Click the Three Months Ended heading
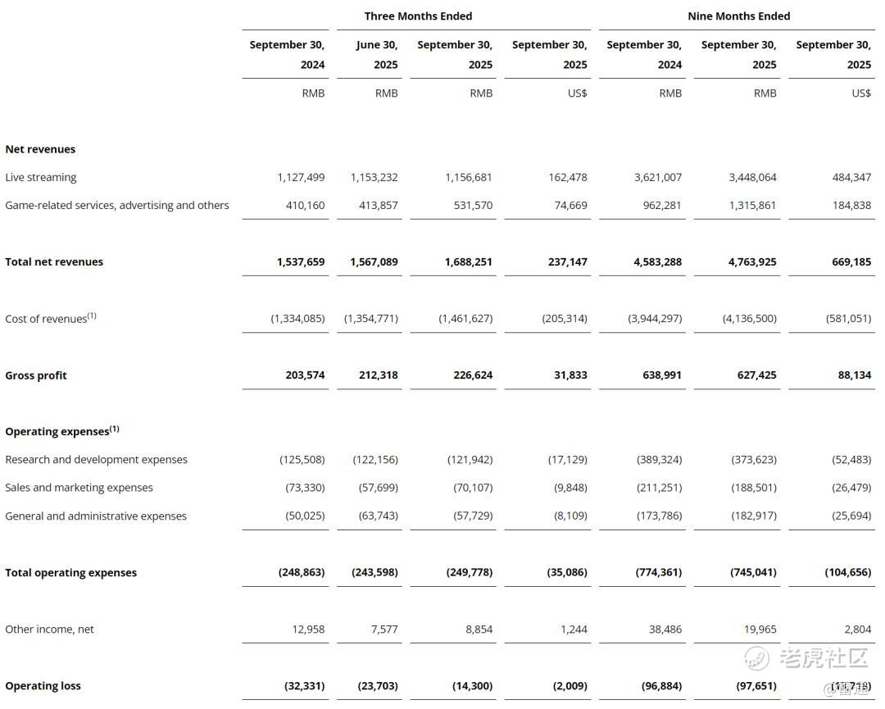(x=418, y=16)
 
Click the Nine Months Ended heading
(x=738, y=16)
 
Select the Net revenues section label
(x=40, y=149)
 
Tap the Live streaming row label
(x=41, y=177)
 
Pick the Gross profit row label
(x=36, y=375)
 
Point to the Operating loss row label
(x=43, y=686)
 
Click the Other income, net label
(x=50, y=629)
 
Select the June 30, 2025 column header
(x=376, y=54)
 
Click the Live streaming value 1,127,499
(x=301, y=177)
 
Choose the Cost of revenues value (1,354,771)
(x=371, y=318)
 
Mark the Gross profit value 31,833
(x=570, y=375)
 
